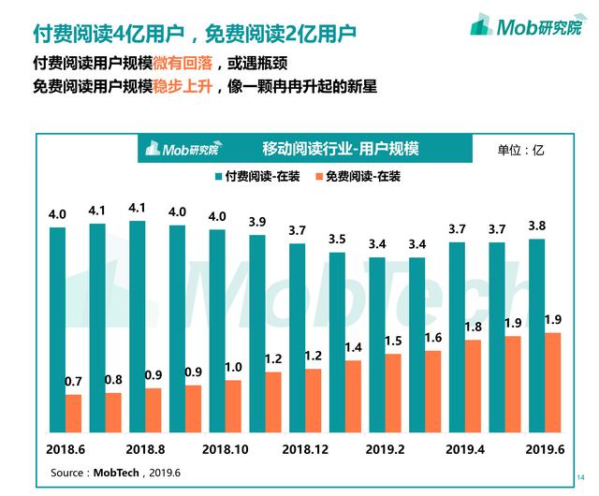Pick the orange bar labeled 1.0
tap(233, 405)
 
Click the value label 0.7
tap(73, 382)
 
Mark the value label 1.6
tap(432, 338)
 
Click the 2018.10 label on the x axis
tap(226, 448)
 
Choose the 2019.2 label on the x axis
tap(387, 448)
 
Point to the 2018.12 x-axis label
tap(306, 448)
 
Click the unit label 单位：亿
tap(521, 149)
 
